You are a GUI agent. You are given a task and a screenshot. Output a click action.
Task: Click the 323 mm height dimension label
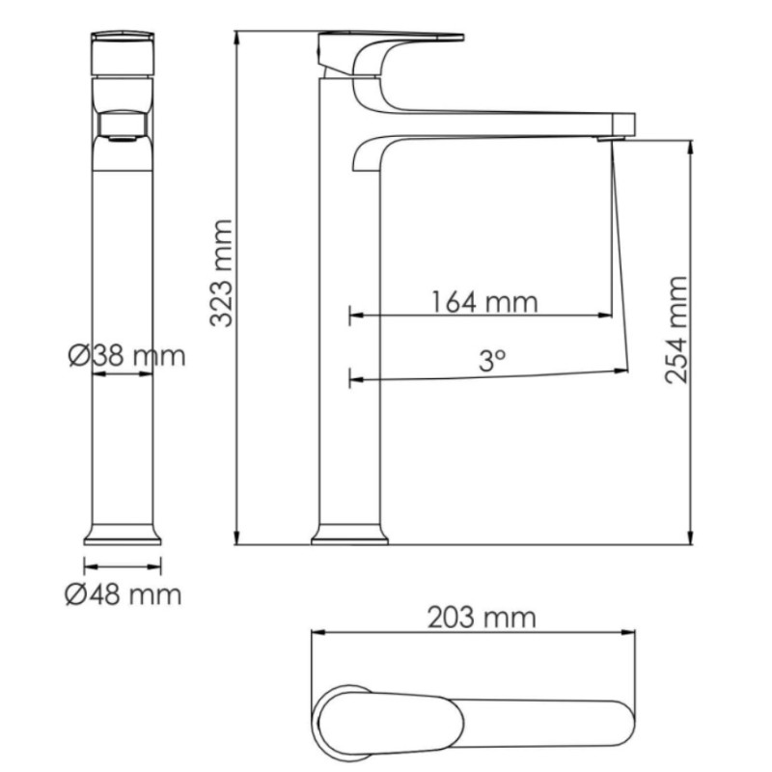coord(221,273)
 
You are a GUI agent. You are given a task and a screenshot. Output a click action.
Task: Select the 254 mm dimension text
coord(676,330)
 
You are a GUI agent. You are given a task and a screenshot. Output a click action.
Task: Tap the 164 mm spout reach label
coord(484,302)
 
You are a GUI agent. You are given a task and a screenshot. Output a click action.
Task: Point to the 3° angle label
coord(492,360)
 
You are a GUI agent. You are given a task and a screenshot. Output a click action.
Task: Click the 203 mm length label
coord(482,618)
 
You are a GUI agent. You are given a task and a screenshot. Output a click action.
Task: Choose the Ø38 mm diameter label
coord(127,355)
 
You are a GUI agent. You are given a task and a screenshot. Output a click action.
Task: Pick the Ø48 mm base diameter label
coord(124,594)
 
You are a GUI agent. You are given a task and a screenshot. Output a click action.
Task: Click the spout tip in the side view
coord(624,125)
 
